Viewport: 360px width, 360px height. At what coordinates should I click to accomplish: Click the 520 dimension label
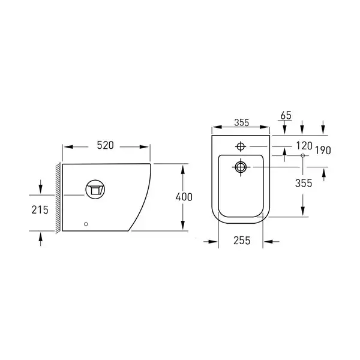pos(105,145)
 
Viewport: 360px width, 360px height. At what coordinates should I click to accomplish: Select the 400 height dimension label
pos(184,197)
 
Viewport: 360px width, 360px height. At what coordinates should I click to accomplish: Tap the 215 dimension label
pos(40,210)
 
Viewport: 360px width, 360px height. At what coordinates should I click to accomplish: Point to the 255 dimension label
pos(242,241)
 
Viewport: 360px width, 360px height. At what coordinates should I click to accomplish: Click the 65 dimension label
pos(286,115)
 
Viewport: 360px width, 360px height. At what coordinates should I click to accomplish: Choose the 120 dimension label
pos(304,146)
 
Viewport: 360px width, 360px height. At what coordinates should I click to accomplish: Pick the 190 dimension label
pos(323,151)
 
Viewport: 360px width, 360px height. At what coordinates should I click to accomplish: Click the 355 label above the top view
pos(242,122)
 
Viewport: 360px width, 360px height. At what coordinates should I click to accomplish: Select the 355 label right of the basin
pos(304,183)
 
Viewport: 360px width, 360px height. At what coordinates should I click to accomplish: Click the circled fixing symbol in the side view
pos(95,190)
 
